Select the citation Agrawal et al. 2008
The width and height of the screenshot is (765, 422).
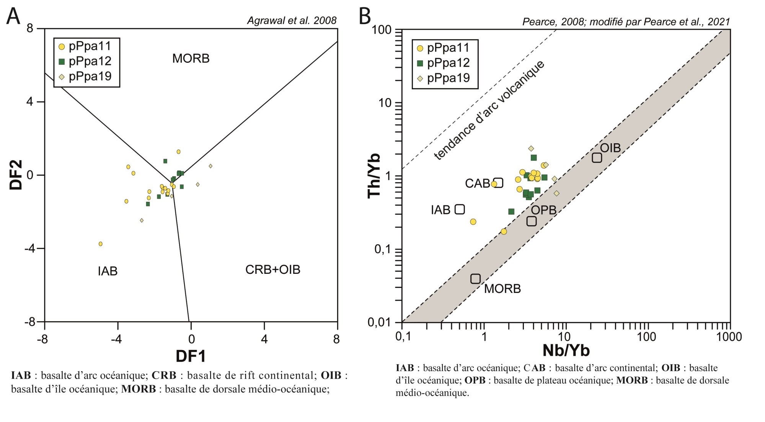(x=292, y=21)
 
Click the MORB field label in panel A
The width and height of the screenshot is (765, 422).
(x=191, y=59)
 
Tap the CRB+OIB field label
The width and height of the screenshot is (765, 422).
(x=272, y=270)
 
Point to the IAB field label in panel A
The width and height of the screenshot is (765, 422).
(x=108, y=271)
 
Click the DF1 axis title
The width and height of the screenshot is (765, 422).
(x=191, y=356)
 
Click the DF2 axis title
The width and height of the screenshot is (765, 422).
(x=16, y=175)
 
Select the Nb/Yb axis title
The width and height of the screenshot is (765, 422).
(x=566, y=350)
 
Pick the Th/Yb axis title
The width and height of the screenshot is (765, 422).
(x=374, y=175)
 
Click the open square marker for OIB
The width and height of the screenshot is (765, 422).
(x=597, y=157)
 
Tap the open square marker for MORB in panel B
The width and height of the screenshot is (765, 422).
(x=475, y=279)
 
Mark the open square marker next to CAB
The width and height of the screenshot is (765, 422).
(x=498, y=183)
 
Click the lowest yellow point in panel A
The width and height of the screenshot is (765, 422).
(x=101, y=244)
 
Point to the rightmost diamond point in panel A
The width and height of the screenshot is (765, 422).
(x=210, y=166)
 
